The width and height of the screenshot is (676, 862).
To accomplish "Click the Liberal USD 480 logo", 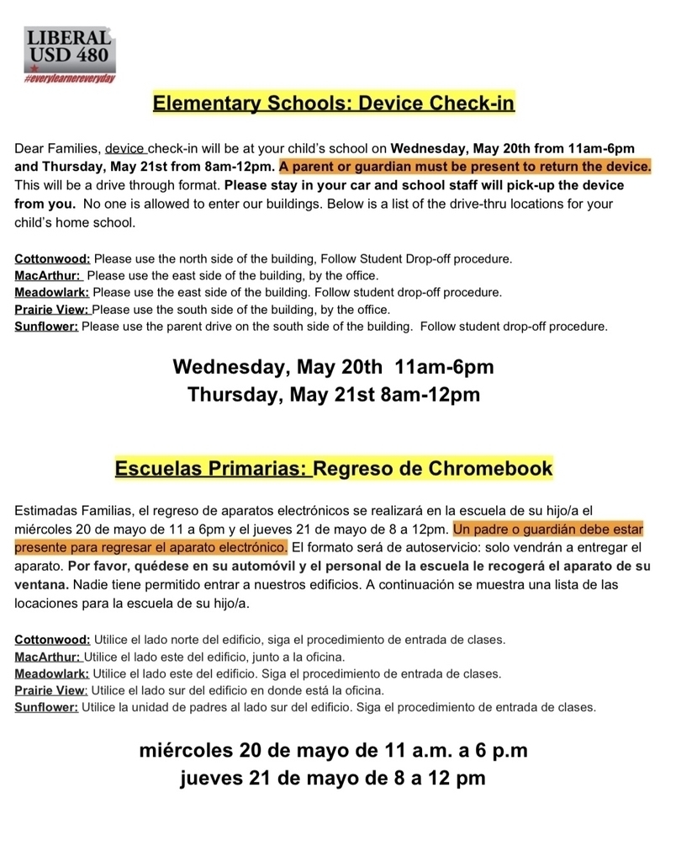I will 70,51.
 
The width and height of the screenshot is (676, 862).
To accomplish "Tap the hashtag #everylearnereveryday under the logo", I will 70,77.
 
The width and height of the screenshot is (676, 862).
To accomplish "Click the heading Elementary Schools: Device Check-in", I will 333,104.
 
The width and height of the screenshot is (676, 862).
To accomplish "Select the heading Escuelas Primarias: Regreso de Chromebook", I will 334,468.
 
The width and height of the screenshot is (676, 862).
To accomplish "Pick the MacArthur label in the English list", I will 48,275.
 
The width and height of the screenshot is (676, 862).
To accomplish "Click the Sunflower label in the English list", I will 46,326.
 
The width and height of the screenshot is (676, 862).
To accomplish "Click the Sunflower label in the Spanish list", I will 46,707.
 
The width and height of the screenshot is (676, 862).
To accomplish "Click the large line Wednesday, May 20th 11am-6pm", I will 333,368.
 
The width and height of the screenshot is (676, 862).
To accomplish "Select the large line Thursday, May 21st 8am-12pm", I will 333,395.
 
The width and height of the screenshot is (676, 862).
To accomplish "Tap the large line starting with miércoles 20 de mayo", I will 333,750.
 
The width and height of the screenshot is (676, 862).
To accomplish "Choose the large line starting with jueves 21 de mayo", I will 333,778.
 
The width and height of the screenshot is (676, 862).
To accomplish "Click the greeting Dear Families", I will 56,147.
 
